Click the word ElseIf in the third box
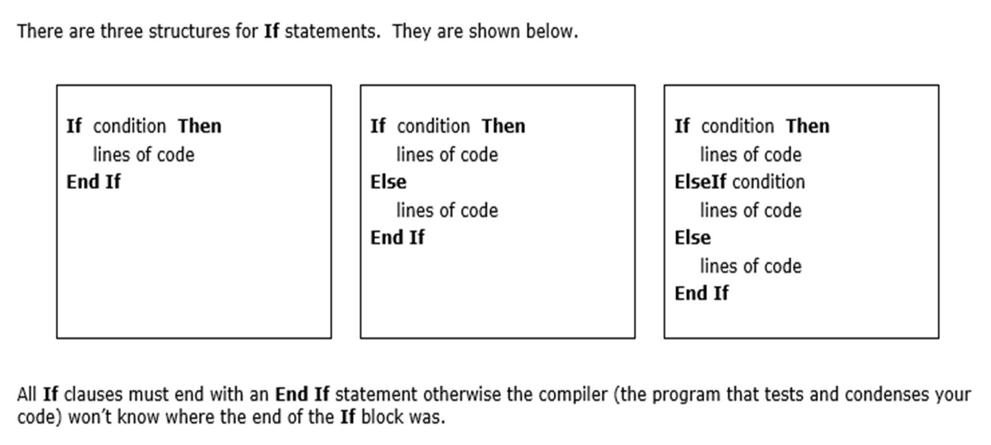click(x=700, y=182)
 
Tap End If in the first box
click(x=93, y=182)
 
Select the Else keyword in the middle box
click(x=388, y=182)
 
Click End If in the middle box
click(x=397, y=237)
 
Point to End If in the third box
click(x=702, y=293)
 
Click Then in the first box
click(x=199, y=126)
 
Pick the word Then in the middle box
click(x=503, y=126)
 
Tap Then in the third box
click(x=808, y=126)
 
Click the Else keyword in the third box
click(x=692, y=237)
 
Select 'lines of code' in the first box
click(x=144, y=155)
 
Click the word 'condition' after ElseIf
click(x=768, y=182)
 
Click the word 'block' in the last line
click(x=381, y=417)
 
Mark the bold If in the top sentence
click(x=272, y=31)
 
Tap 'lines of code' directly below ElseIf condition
click(x=751, y=211)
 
